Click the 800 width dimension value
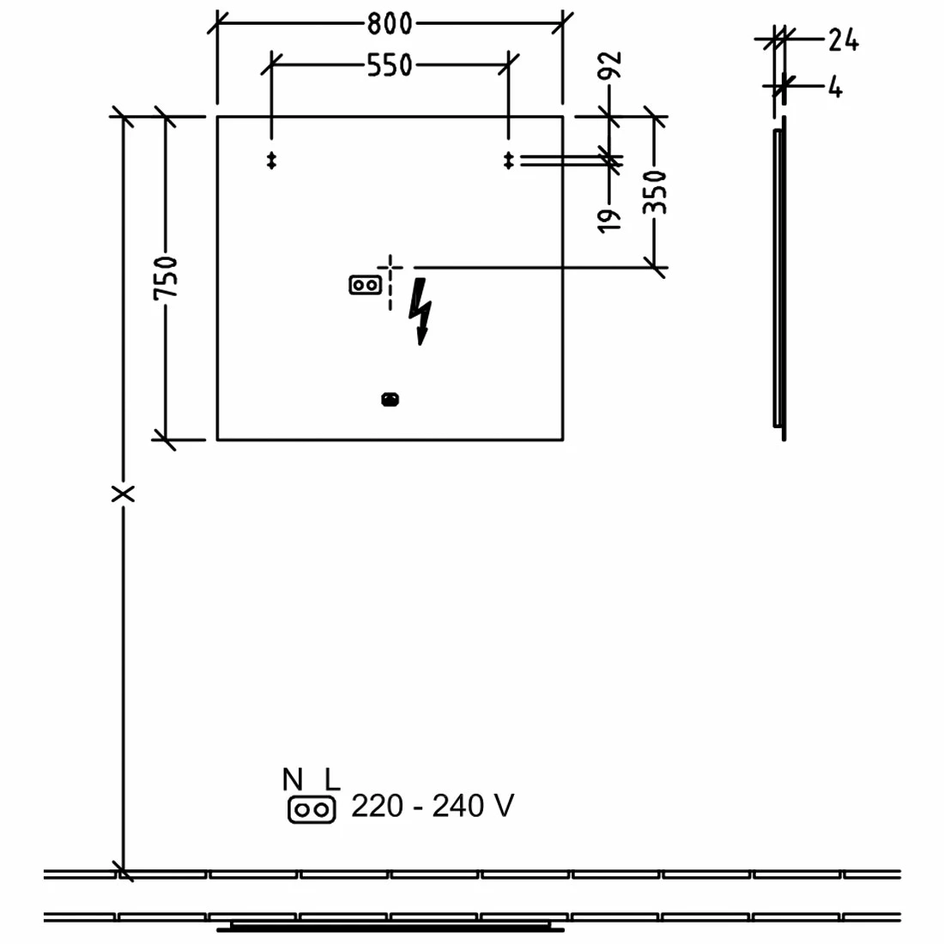pyautogui.click(x=390, y=24)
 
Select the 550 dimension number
pyautogui.click(x=390, y=65)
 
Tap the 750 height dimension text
pyautogui.click(x=166, y=277)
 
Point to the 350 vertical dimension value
pyautogui.click(x=655, y=192)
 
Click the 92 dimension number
pyautogui.click(x=610, y=66)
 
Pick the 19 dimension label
pyautogui.click(x=610, y=219)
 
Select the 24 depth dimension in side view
pyautogui.click(x=843, y=40)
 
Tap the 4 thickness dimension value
pyautogui.click(x=836, y=87)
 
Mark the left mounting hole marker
pyautogui.click(x=272, y=160)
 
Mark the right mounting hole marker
pyautogui.click(x=509, y=160)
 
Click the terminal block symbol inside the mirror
pyautogui.click(x=366, y=284)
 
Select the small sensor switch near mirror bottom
pyautogui.click(x=390, y=399)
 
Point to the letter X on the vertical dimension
pyautogui.click(x=124, y=493)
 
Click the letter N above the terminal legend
pyautogui.click(x=293, y=780)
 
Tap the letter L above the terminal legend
pyautogui.click(x=331, y=780)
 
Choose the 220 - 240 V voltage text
pyautogui.click(x=433, y=807)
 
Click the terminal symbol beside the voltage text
pyautogui.click(x=311, y=810)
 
